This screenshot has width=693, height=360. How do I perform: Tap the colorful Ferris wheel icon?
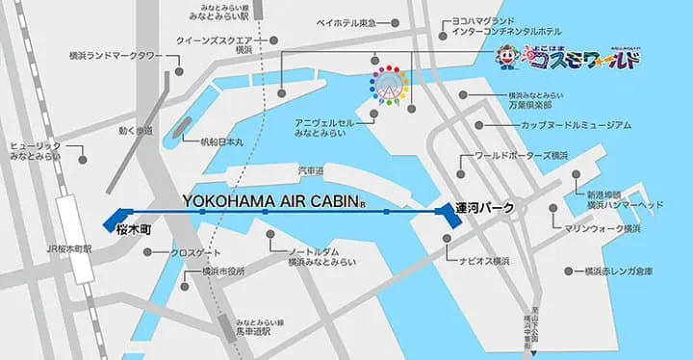[390, 84]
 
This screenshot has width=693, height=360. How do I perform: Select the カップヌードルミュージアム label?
[577, 125]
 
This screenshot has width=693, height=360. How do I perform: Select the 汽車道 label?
[310, 170]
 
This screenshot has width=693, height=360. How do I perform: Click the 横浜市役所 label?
[203, 272]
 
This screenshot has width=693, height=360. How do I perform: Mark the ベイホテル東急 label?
[343, 21]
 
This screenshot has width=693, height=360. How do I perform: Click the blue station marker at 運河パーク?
[448, 217]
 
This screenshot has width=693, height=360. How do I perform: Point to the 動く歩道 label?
[136, 130]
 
